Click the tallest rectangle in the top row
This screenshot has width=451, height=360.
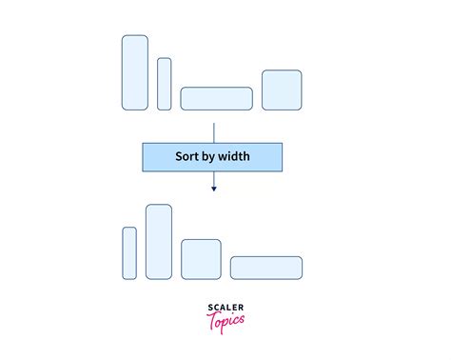135,72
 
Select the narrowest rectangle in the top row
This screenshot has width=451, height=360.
165,84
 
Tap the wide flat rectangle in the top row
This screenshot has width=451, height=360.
216,98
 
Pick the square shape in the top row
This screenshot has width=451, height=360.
282,90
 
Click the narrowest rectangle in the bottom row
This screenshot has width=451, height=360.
129,252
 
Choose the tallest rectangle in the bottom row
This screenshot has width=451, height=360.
159,242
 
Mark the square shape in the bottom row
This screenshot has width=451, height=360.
201,259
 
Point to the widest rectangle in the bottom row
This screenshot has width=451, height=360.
266,268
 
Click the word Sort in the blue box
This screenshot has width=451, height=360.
188,156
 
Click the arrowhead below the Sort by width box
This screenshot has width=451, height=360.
214,189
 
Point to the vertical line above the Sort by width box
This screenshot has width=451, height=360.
214,131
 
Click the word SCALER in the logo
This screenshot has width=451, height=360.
225,307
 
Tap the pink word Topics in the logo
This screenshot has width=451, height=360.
225,319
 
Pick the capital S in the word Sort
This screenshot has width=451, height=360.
179,156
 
